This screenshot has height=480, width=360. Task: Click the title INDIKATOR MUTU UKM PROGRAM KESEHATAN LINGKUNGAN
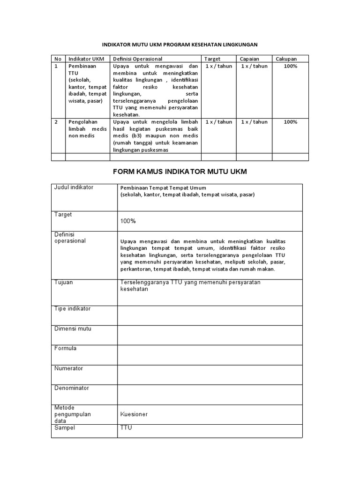click(180, 45)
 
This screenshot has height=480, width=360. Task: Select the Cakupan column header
click(286, 59)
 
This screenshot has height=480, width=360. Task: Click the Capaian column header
click(249, 59)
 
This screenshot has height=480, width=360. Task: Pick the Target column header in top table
click(212, 59)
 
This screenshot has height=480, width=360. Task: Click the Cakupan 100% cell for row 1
click(291, 66)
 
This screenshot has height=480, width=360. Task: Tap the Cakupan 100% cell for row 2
click(291, 122)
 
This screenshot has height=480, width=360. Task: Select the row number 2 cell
click(56, 122)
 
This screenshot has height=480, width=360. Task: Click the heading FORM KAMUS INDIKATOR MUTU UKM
click(180, 172)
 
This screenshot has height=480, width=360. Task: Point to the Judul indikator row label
click(74, 187)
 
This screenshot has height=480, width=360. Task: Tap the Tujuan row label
click(64, 283)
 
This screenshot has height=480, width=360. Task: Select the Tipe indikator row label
click(73, 309)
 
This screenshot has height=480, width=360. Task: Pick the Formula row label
click(66, 349)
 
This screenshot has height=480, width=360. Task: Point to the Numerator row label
click(68, 368)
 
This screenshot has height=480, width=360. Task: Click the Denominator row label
click(72, 388)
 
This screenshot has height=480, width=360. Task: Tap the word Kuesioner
click(134, 414)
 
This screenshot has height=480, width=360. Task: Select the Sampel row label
click(65, 428)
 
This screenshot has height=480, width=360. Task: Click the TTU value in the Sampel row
click(127, 428)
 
